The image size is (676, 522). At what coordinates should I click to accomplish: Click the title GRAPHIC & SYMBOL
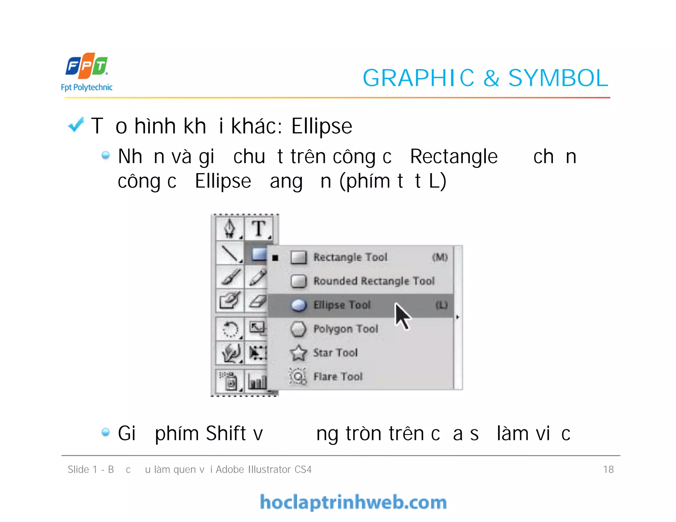485,78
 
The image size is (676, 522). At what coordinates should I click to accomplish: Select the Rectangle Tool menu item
350,257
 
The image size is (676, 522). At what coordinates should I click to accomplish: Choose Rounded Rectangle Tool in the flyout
374,281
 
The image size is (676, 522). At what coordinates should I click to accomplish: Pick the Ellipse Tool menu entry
342,305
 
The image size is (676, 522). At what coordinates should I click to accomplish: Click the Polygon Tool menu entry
346,329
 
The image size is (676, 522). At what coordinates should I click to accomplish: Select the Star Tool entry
335,353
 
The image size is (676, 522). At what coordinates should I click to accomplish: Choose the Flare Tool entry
338,377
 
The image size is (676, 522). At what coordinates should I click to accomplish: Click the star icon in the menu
298,353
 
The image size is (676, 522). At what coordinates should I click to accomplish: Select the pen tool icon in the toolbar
230,229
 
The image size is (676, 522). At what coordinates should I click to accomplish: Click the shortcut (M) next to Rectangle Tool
440,257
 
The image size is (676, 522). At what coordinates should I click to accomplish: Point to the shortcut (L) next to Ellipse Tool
441,305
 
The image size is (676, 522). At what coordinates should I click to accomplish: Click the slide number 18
608,469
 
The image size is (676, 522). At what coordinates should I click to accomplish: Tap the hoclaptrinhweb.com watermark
353,502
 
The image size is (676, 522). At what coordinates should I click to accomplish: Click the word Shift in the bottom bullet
226,433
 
